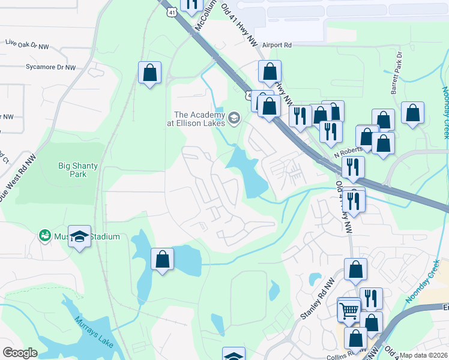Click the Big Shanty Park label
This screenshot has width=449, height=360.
73,170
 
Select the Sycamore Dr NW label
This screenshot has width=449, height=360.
50,67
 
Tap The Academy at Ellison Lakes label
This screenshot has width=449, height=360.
199,118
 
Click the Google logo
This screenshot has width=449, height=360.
20,353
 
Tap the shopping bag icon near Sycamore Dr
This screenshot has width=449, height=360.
149,73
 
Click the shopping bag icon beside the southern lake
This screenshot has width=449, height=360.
162,259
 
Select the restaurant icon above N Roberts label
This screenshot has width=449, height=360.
330,130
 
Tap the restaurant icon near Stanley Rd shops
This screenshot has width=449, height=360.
371,298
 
